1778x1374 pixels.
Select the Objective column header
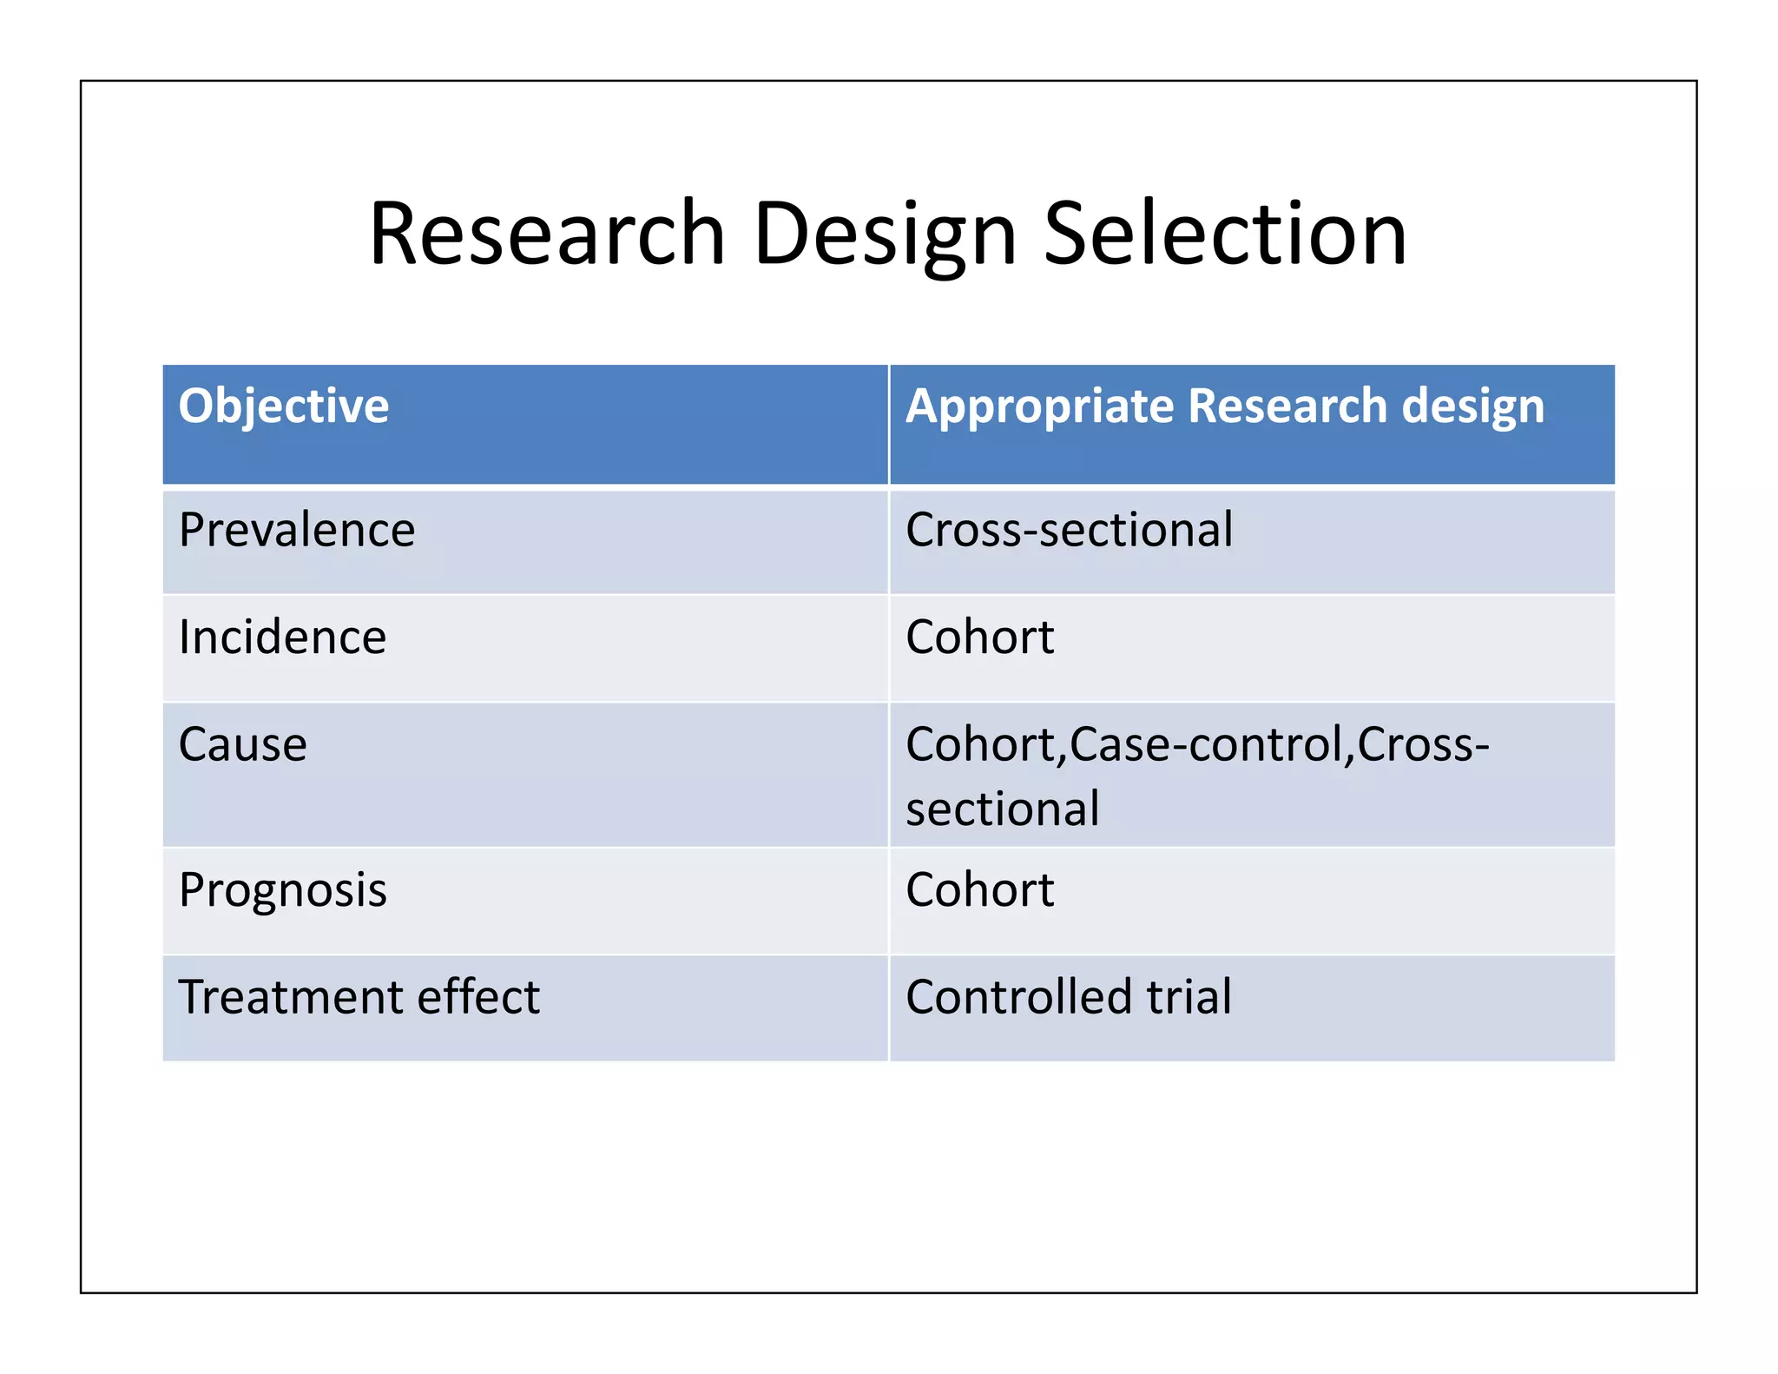pyautogui.click(x=284, y=406)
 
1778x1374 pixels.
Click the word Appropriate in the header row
pyautogui.click(x=1039, y=406)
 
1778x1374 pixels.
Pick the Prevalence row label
pyautogui.click(x=297, y=530)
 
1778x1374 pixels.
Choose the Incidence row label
pyautogui.click(x=282, y=637)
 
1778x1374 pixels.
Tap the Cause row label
pyautogui.click(x=243, y=744)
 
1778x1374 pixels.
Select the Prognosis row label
pyautogui.click(x=283, y=890)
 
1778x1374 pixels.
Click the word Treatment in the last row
pyautogui.click(x=290, y=996)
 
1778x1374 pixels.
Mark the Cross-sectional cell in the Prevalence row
pyautogui.click(x=1069, y=530)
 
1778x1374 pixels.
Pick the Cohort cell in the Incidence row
pyautogui.click(x=979, y=637)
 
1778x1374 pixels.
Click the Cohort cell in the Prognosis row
pyautogui.click(x=979, y=890)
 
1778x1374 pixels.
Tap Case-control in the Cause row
pyautogui.click(x=1205, y=744)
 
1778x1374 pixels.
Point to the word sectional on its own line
pyautogui.click(x=1003, y=809)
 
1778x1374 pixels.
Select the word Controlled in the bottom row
pyautogui.click(x=1018, y=996)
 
